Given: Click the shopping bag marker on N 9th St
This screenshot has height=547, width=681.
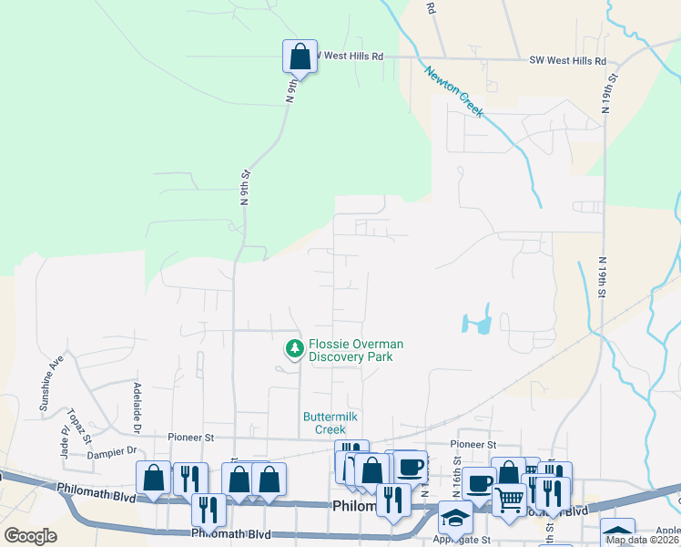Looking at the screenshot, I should click(300, 57).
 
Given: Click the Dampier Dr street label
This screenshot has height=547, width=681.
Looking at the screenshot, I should click(113, 449).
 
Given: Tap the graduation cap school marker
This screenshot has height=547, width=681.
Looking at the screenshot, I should click(455, 517).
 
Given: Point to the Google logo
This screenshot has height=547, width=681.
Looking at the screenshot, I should click(30, 536).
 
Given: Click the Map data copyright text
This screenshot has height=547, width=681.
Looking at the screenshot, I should click(642, 540).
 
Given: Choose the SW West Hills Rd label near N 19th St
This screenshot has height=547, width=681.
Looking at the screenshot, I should click(567, 61).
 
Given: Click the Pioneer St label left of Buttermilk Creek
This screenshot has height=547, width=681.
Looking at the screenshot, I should click(190, 438).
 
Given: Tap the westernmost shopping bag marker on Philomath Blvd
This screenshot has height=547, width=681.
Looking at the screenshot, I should click(154, 478).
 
